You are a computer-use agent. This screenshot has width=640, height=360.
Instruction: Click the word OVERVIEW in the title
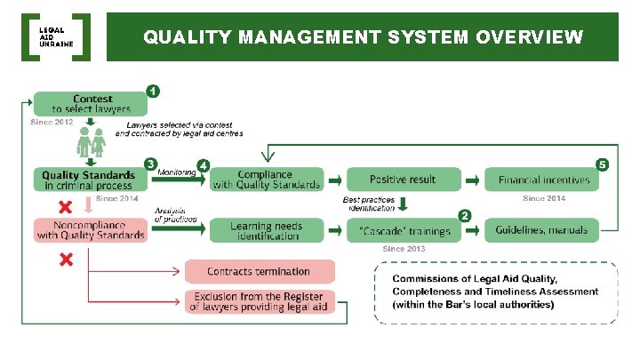[x=530, y=37]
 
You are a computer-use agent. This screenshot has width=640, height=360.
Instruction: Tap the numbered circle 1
[x=153, y=91]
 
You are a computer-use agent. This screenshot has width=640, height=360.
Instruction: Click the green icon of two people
[x=91, y=141]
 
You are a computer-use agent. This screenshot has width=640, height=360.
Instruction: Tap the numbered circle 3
[x=151, y=164]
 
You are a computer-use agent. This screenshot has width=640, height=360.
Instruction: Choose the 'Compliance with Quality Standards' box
[x=267, y=180]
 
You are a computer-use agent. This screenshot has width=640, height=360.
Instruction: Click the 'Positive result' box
[x=403, y=180]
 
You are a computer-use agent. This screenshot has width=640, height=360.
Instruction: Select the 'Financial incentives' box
[x=543, y=180]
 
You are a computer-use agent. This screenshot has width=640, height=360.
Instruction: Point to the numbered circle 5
[x=603, y=164]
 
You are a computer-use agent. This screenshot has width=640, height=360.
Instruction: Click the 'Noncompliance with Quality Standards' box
[x=90, y=230]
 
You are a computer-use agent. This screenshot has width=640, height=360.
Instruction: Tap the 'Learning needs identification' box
[x=265, y=230]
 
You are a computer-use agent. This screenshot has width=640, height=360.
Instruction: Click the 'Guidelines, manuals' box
[x=542, y=230]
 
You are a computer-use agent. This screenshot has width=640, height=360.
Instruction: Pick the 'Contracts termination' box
[x=259, y=271]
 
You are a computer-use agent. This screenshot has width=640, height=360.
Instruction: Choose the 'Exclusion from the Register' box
[x=259, y=302]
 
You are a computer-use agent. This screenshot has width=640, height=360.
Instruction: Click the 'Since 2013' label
[x=404, y=250]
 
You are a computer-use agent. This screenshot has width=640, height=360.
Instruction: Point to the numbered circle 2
[x=464, y=215]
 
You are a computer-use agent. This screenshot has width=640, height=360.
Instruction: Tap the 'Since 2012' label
[x=52, y=122]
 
